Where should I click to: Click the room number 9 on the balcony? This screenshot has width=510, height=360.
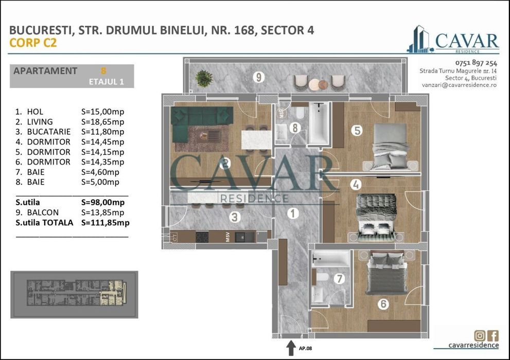[x=259, y=78]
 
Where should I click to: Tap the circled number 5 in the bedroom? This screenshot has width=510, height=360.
[x=357, y=131]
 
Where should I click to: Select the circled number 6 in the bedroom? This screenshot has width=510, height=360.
[x=382, y=304]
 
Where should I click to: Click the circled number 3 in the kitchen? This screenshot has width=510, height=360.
[x=235, y=217]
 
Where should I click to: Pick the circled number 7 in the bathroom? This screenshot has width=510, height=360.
[x=338, y=279]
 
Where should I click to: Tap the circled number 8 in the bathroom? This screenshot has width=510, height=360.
[x=294, y=127]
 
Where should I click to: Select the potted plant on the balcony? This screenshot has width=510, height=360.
[x=204, y=78]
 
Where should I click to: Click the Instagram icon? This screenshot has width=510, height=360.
[x=479, y=336]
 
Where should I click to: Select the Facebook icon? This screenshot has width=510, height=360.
[x=493, y=336]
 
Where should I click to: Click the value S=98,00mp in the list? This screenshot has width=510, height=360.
[x=103, y=202]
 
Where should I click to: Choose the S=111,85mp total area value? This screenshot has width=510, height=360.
[x=105, y=223]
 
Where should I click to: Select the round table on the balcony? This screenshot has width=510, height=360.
[x=322, y=84]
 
